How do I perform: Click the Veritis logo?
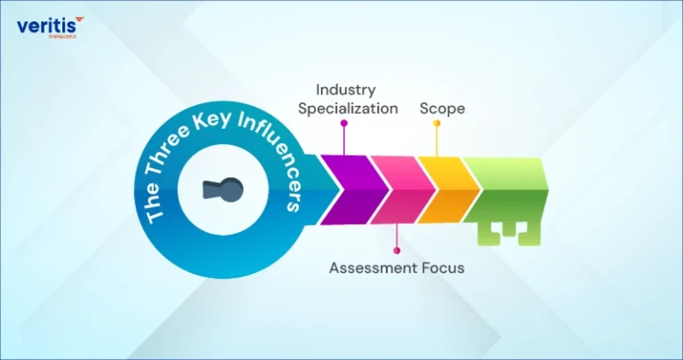tap(51, 28)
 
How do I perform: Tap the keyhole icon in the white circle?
tap(222, 190)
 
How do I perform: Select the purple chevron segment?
tap(355, 190)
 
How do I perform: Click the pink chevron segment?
tap(403, 190)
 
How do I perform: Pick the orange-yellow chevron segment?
tap(449, 190)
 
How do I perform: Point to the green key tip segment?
tap(505, 190)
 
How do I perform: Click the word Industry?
tap(345, 90)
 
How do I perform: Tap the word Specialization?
tap(348, 108)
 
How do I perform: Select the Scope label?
tap(442, 108)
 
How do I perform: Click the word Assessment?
tap(374, 268)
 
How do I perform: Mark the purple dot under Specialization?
tap(344, 124)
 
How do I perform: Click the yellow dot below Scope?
tap(437, 124)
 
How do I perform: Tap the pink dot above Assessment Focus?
tap(397, 251)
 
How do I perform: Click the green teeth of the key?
tap(509, 234)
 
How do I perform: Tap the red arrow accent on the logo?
tap(79, 20)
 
